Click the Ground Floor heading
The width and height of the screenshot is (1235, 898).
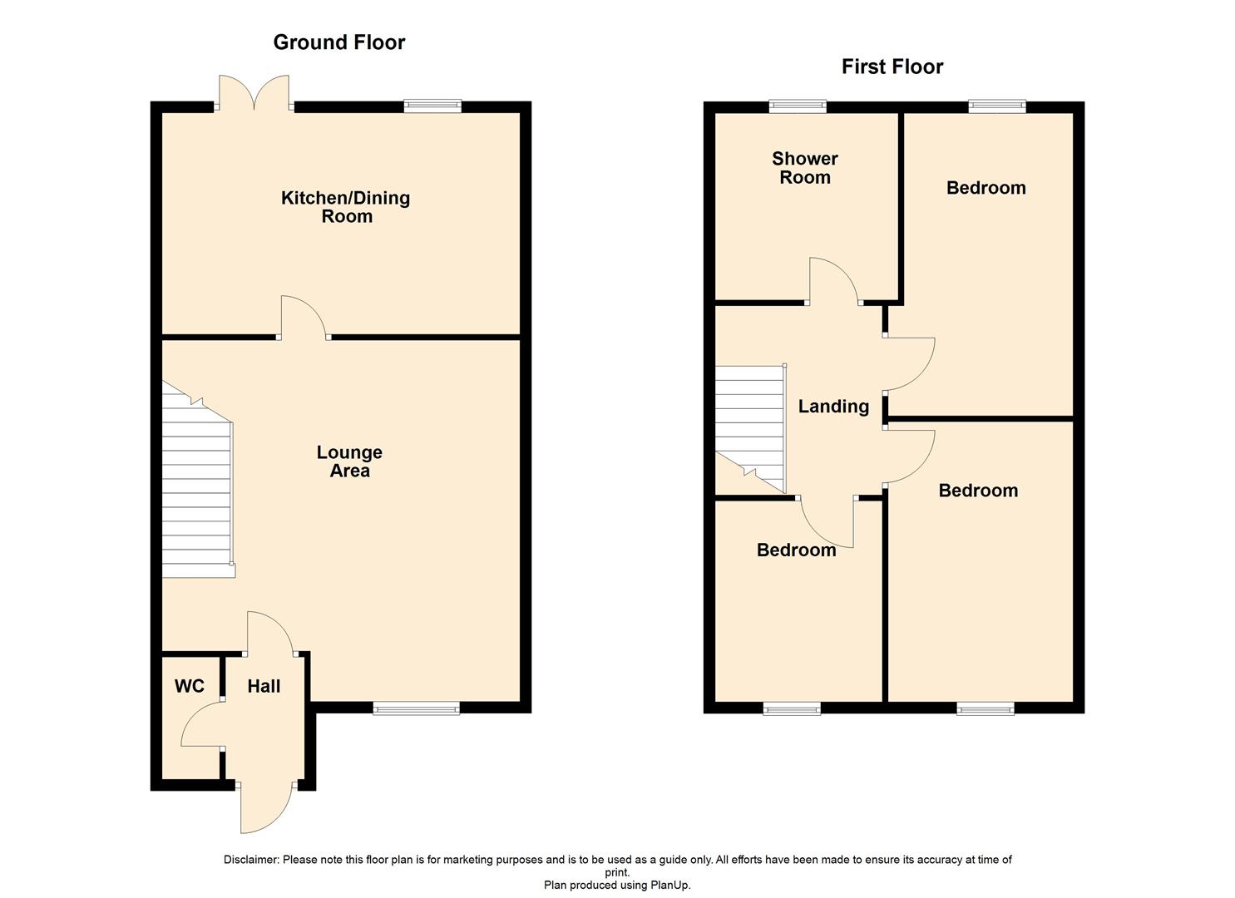click(x=338, y=42)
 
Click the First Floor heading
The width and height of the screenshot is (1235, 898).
click(x=892, y=67)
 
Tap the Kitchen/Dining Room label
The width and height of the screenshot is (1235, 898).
click(x=346, y=207)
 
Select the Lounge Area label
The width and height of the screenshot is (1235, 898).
click(x=349, y=461)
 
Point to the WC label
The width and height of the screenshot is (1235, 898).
click(x=189, y=687)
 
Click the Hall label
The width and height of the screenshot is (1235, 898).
click(x=264, y=687)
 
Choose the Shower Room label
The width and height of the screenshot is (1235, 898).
click(x=804, y=168)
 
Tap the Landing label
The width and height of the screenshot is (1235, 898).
click(x=833, y=407)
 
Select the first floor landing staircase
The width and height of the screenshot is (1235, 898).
click(x=750, y=428)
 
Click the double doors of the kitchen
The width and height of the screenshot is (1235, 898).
click(x=254, y=93)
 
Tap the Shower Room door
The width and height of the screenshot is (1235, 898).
click(x=833, y=281)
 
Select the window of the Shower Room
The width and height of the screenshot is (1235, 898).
click(x=798, y=106)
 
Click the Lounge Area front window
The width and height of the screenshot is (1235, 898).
click(x=416, y=708)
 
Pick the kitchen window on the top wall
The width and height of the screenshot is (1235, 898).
click(x=432, y=106)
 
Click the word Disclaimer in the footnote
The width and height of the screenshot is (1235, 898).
click(x=251, y=860)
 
